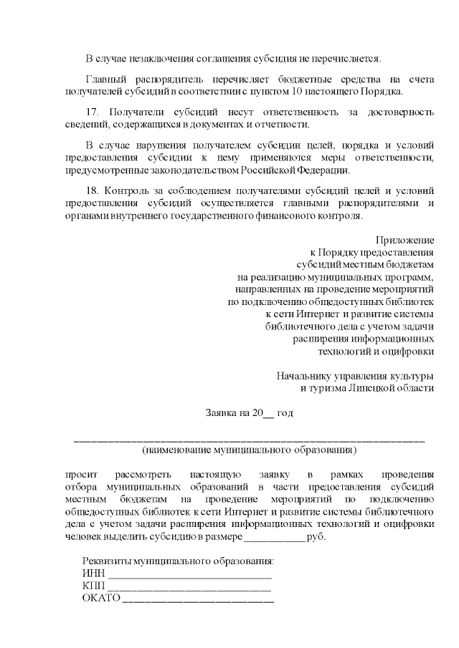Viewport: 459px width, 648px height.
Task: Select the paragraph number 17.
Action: pyautogui.click(x=91, y=112)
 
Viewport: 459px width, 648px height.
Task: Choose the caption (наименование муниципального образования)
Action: pyautogui.click(x=249, y=450)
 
